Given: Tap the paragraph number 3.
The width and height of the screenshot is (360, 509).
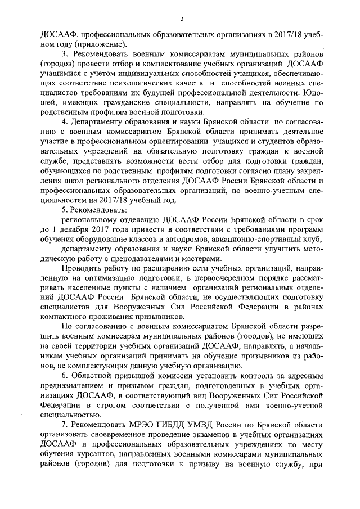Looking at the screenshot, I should (x=64, y=54).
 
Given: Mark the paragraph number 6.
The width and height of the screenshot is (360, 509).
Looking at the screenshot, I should (x=64, y=376).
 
